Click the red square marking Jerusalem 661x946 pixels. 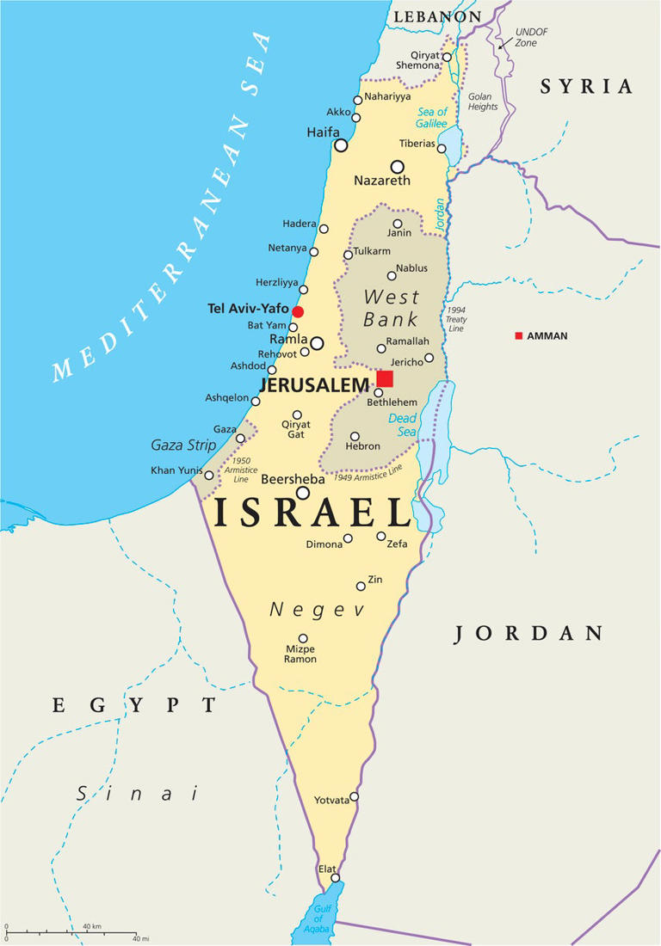[x=385, y=379]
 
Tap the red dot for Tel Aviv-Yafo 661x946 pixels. [x=298, y=311]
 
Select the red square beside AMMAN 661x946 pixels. [x=518, y=335]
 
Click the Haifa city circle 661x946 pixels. [x=341, y=145]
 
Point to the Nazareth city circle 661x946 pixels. [x=397, y=167]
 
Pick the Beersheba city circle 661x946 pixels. [x=303, y=493]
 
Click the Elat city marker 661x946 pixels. [x=336, y=878]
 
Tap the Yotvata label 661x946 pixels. [x=331, y=800]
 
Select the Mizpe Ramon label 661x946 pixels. [x=301, y=654]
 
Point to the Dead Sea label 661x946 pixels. [x=402, y=425]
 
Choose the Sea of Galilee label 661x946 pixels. [x=433, y=118]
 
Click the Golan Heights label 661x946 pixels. [x=483, y=101]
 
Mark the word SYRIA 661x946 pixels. [x=586, y=86]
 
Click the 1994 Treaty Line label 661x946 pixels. [x=456, y=319]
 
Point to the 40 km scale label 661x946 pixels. [x=92, y=926]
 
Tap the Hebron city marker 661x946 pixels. [x=355, y=436]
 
